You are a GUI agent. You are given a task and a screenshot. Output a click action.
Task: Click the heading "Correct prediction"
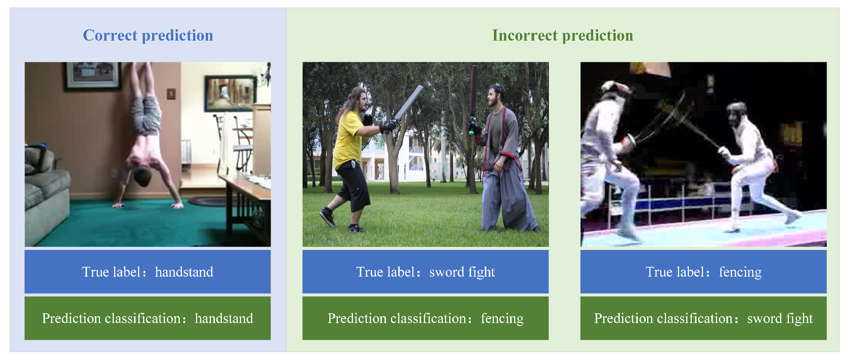tap(148, 36)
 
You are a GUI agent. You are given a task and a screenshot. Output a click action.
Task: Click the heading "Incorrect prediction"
tap(562, 36)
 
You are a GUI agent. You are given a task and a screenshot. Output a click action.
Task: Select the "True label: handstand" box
tap(147, 272)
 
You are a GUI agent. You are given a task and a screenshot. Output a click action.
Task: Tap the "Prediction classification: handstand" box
tap(147, 318)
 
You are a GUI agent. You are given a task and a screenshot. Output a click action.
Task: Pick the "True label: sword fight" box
tap(425, 272)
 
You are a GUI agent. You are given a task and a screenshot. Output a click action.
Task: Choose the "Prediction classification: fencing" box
tap(425, 318)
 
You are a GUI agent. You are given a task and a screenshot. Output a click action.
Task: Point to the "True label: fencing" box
tap(703, 272)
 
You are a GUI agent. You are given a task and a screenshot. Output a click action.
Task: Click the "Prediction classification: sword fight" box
tap(703, 318)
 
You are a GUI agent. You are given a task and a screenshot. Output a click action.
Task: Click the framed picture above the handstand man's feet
tap(93, 76)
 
